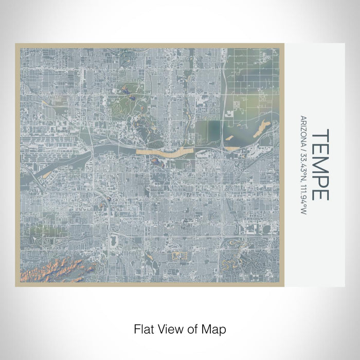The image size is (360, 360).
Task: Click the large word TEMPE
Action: coord(320,165)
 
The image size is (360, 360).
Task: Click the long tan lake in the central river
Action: coord(165,152)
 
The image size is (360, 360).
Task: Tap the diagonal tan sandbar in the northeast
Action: coord(262,128)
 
